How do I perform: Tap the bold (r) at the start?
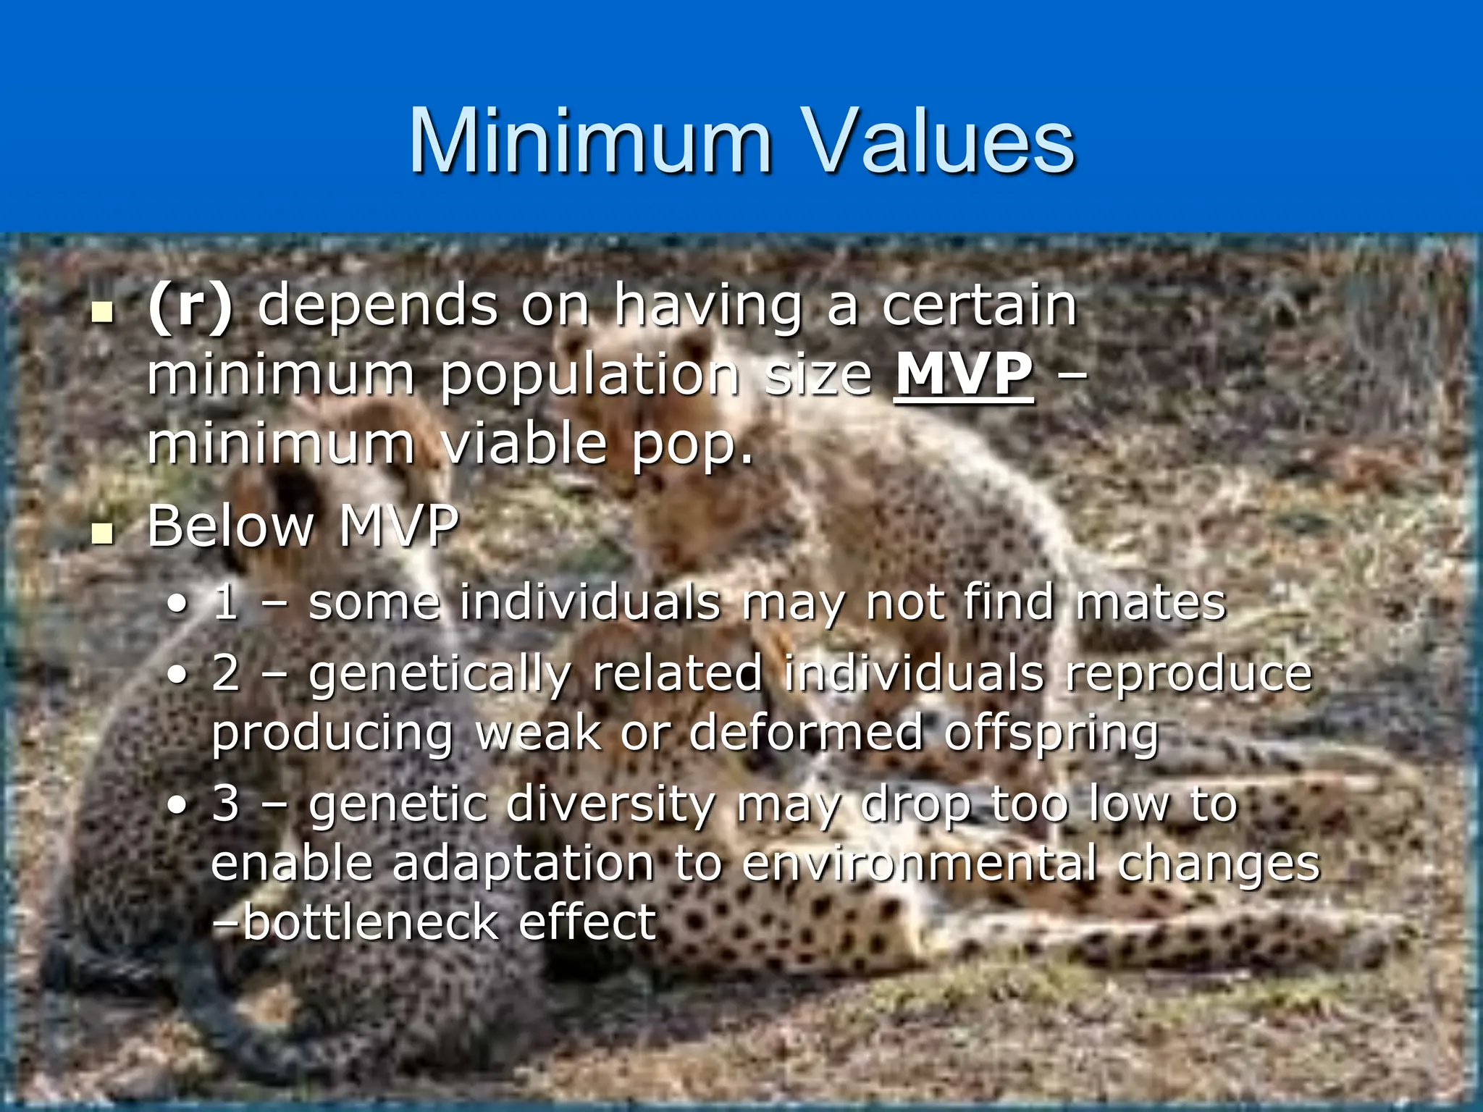(x=190, y=306)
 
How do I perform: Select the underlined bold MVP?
(x=964, y=375)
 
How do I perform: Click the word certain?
(x=980, y=306)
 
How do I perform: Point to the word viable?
(x=524, y=444)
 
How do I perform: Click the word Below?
(x=231, y=526)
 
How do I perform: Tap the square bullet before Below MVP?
(x=104, y=534)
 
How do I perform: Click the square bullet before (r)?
(x=104, y=314)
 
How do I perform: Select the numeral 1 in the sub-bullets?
(x=226, y=603)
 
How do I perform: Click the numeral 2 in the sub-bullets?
(x=226, y=673)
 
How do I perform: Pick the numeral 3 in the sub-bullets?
(x=226, y=804)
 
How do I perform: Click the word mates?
(x=1151, y=603)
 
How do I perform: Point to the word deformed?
(x=805, y=733)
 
